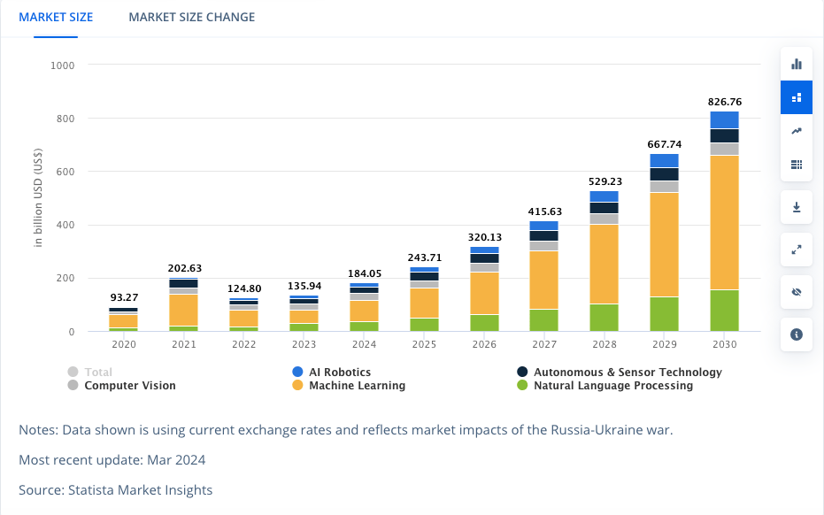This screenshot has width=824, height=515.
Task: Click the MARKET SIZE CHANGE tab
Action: [191, 17]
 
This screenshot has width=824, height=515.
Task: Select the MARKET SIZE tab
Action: [56, 17]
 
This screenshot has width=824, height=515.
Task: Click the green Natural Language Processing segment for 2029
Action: [664, 313]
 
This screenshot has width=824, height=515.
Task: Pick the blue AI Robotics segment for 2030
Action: [724, 119]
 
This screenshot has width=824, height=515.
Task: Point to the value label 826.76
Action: [725, 102]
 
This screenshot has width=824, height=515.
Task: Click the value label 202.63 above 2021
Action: [183, 268]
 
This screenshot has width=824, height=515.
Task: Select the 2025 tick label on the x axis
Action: [424, 344]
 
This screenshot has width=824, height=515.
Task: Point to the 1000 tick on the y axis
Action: [62, 65]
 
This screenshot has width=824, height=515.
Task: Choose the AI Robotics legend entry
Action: [340, 373]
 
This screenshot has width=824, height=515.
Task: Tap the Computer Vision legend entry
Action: [129, 386]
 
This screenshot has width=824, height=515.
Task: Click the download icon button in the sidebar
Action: [797, 207]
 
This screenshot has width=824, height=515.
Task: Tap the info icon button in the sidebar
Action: [797, 334]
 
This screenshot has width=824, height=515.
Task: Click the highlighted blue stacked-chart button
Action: [797, 97]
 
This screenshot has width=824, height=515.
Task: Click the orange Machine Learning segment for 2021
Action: [183, 310]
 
